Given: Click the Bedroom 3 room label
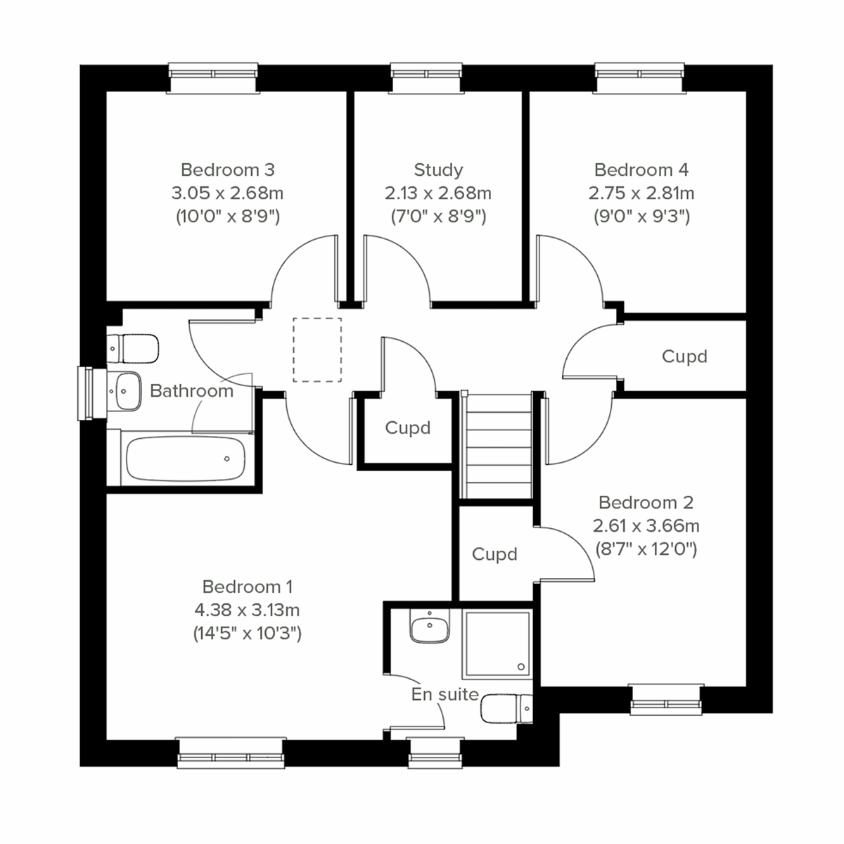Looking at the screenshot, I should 227,170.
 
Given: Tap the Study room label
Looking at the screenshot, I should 438,170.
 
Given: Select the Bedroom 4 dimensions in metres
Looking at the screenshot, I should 641,193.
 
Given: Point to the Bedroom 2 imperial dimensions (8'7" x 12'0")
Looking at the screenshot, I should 646,549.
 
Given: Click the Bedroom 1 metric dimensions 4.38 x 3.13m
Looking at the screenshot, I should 247,610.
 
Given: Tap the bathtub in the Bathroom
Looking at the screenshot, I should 185,459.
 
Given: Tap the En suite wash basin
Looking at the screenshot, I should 428,626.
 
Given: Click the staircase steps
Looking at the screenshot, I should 497,446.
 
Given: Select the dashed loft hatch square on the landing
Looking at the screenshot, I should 317,350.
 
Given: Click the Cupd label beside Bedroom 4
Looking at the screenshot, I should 684,357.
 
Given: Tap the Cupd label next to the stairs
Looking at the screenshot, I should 407,428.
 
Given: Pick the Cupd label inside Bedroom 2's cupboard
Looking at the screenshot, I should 494,554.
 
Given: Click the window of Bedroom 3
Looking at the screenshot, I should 214,78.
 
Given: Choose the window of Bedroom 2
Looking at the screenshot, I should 666,701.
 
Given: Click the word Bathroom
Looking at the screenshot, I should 191,391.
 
